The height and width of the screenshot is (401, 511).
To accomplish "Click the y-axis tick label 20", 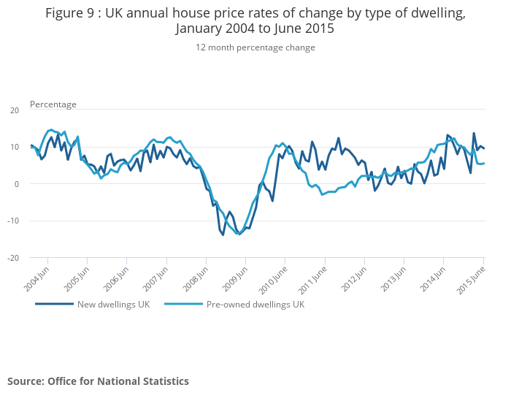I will pyautogui.click(x=14, y=110).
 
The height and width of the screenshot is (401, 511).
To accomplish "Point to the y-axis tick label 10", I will pyautogui.click(x=14, y=147).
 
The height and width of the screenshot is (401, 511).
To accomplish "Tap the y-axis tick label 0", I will pyautogui.click(x=16, y=184).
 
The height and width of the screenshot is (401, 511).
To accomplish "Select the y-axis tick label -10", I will pyautogui.click(x=13, y=221).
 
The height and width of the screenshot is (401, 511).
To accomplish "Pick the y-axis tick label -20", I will pyautogui.click(x=13, y=258).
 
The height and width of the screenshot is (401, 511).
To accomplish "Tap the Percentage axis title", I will pyautogui.click(x=53, y=104).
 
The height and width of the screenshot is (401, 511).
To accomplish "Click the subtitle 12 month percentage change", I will pyautogui.click(x=255, y=47).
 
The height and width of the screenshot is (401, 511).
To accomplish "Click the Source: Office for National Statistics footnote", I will pyautogui.click(x=98, y=381).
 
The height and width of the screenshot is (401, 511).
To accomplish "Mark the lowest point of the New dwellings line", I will pyautogui.click(x=223, y=235).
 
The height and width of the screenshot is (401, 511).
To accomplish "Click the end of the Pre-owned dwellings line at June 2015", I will pyautogui.click(x=484, y=163).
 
